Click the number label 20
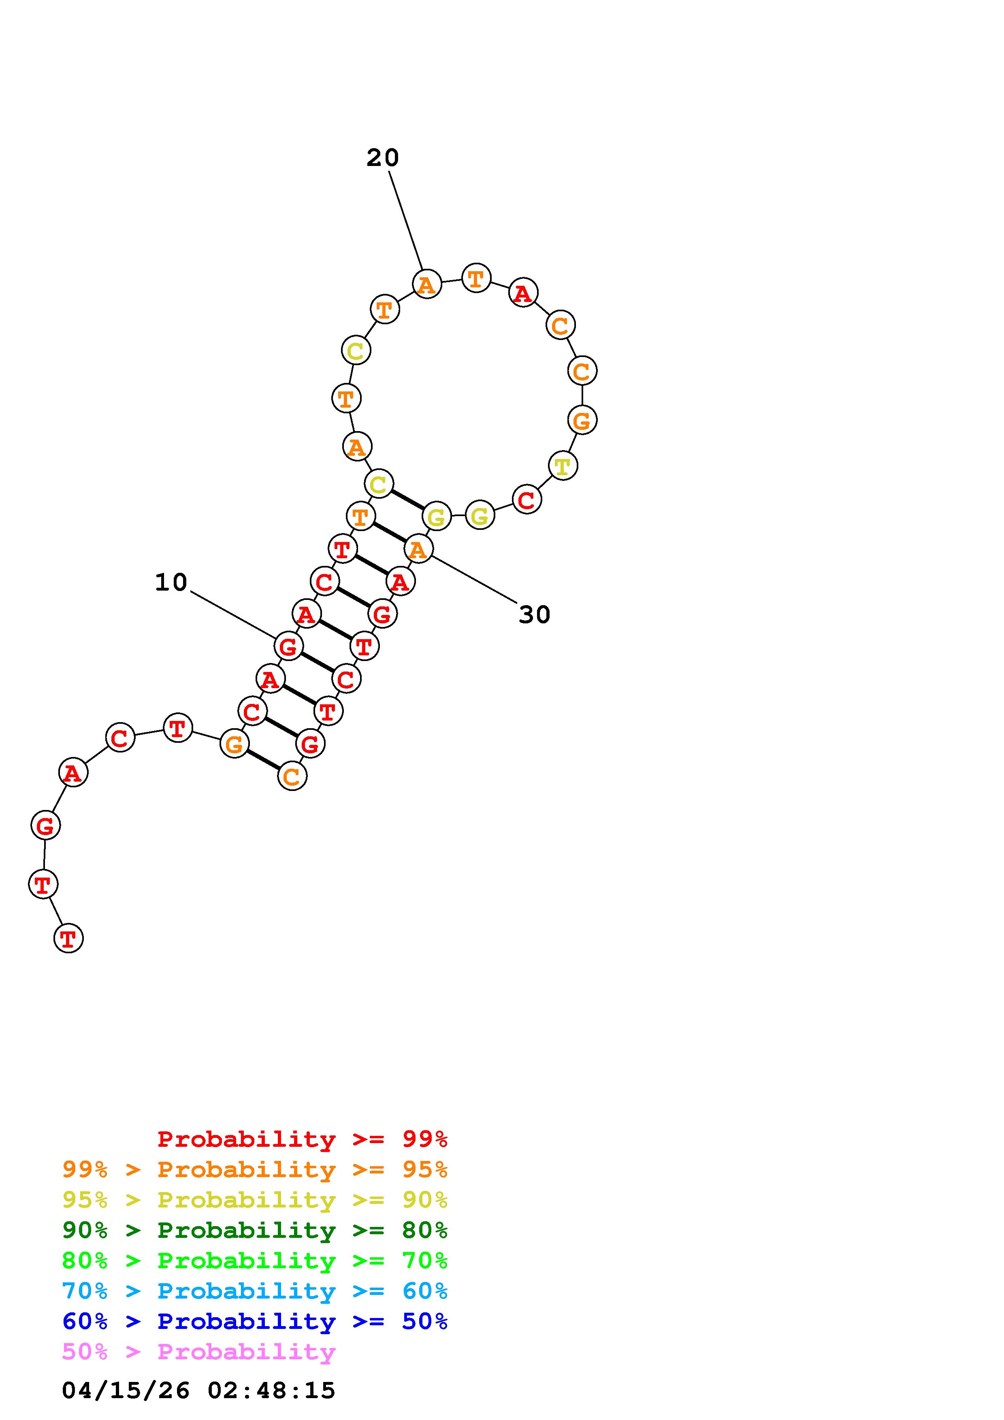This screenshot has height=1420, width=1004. tap(382, 158)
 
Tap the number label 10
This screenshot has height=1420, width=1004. tap(171, 582)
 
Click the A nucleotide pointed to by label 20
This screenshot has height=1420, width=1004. tap(427, 285)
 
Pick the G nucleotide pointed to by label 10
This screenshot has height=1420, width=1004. tap(288, 647)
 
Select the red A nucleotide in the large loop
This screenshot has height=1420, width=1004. tap(523, 293)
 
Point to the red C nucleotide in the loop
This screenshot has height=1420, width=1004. tap(527, 500)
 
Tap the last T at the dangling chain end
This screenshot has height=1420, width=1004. tap(69, 939)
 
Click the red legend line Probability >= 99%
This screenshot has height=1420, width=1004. tap(303, 1139)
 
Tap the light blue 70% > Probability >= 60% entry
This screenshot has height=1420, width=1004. tap(255, 1291)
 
